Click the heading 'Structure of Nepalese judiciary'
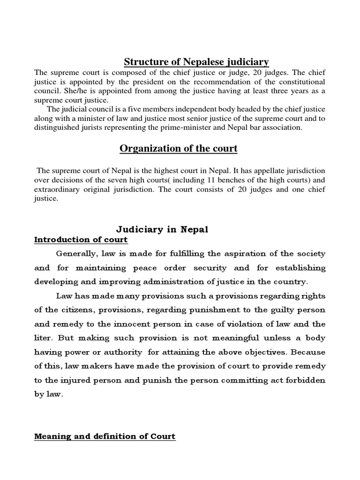[x=196, y=61]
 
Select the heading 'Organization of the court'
[x=179, y=149]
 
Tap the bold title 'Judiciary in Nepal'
[x=162, y=229]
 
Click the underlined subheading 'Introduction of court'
[x=81, y=240]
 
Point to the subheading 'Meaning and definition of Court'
[x=105, y=436]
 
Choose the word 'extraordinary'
[x=57, y=189]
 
